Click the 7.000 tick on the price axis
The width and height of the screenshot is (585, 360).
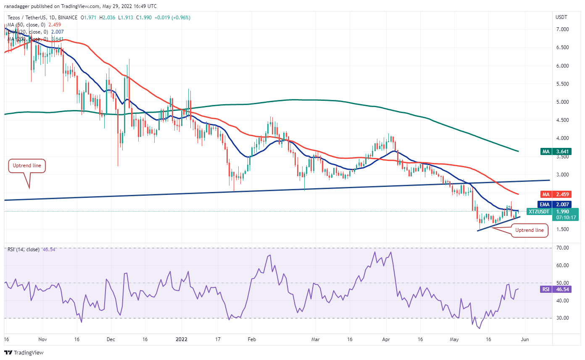coord(562,29)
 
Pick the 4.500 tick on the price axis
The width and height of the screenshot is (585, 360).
coord(562,120)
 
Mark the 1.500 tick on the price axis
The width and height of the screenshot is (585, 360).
coord(562,229)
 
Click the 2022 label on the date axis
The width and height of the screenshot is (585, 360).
coord(182,339)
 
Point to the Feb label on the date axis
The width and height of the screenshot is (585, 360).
coord(251,339)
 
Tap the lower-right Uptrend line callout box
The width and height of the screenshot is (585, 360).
coord(530,230)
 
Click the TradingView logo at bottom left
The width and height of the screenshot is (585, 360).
coord(24,352)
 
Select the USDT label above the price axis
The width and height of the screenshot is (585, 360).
coord(561,17)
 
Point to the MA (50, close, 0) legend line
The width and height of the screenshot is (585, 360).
coord(29,24)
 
